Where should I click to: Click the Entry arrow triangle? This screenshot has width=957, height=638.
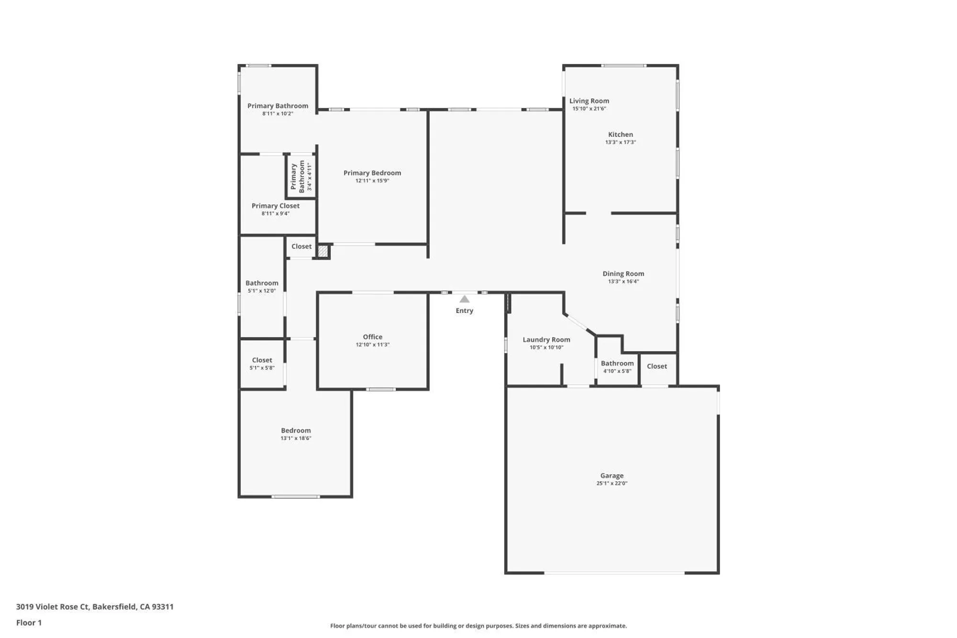click(x=464, y=299)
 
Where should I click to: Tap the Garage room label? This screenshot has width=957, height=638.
click(x=612, y=475)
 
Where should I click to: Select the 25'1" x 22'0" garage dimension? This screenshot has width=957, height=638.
click(x=612, y=483)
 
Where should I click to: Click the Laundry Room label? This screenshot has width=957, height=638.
click(x=546, y=339)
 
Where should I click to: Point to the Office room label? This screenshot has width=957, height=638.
click(x=372, y=336)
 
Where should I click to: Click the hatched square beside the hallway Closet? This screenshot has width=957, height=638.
click(x=323, y=251)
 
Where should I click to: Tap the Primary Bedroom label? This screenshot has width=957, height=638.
click(x=372, y=173)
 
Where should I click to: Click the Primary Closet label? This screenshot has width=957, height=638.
click(x=275, y=206)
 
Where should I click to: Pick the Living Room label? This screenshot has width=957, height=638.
click(x=589, y=101)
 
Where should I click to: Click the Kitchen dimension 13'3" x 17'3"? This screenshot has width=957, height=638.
click(x=620, y=142)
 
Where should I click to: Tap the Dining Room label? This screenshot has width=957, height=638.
click(x=623, y=274)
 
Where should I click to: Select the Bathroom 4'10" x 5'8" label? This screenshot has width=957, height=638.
click(x=617, y=367)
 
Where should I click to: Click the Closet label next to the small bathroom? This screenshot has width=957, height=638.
click(x=657, y=366)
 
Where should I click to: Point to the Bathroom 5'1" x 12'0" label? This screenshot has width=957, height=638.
click(x=262, y=286)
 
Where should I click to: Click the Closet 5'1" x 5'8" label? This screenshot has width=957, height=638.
click(x=262, y=364)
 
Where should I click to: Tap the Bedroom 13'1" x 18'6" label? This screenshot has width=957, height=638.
click(x=296, y=434)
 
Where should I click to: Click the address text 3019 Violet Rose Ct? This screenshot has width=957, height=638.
click(x=53, y=606)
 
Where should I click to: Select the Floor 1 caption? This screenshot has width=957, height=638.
click(x=29, y=622)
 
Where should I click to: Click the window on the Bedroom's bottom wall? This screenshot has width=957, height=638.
click(x=295, y=496)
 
